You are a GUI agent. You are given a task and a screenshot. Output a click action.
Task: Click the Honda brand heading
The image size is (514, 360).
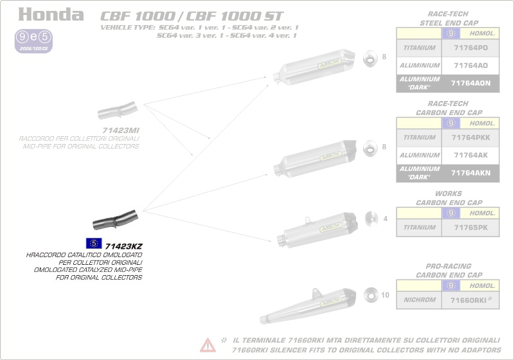coord(51,15)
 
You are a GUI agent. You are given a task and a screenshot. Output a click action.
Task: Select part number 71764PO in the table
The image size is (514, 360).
coord(470,48)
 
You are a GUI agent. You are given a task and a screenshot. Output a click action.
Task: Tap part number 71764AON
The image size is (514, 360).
coord(470,83)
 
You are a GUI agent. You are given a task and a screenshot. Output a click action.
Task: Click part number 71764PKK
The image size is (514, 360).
coord(470,138)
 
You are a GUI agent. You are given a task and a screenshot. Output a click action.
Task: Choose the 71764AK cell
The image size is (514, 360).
coord(470,156)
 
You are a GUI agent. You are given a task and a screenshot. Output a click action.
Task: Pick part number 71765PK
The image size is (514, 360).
coord(470,228)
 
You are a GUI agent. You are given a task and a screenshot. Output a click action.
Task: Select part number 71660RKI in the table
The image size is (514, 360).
coord(470,300)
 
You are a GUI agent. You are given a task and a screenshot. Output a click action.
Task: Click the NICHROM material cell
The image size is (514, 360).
coord(420,300)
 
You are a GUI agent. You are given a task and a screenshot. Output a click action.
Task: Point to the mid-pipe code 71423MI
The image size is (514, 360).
coord(121,130)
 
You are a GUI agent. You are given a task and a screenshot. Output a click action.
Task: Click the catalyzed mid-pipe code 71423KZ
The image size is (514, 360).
coord(123,245)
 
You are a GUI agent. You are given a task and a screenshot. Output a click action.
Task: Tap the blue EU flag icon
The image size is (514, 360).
coord(93,243)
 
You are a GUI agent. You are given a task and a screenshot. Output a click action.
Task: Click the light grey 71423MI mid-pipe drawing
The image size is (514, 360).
coord(116,111)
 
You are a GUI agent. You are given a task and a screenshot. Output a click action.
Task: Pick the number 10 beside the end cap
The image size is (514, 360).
coord(385,296)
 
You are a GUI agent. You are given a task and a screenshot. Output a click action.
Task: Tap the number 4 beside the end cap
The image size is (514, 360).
coord(385,219)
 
